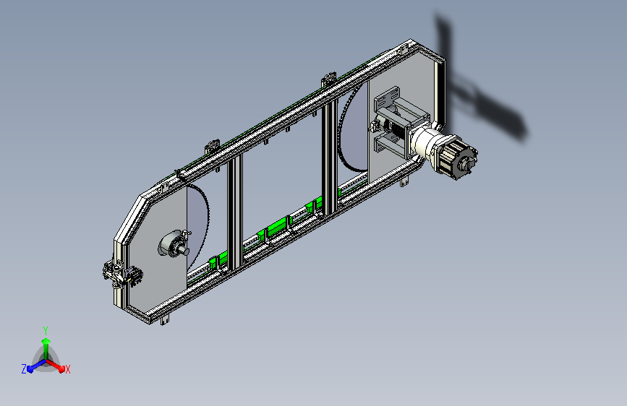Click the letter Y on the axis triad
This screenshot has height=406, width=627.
click(x=46, y=331)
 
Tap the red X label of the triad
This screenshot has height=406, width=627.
click(x=67, y=370)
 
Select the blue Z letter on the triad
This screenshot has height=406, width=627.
click(x=24, y=369)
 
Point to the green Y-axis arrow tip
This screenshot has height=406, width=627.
click(x=46, y=341)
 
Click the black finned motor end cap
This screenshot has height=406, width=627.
click(x=458, y=158)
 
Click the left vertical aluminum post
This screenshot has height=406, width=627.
click(x=235, y=214)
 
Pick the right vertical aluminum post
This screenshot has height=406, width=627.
click(x=330, y=160)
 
